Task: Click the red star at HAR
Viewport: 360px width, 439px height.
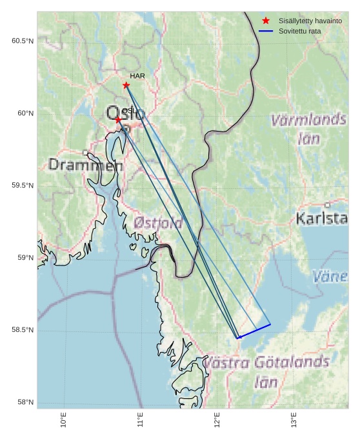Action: coord(126,85)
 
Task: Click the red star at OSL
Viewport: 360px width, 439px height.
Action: coord(118,119)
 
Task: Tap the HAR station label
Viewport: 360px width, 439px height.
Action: coord(137,76)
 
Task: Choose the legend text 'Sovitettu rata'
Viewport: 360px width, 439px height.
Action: coord(299,31)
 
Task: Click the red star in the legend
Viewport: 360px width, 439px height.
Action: coord(266,21)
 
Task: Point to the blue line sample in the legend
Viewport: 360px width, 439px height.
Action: coord(266,31)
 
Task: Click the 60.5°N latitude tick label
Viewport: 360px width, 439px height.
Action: coord(23,41)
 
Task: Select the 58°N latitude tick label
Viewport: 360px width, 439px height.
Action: coord(25,403)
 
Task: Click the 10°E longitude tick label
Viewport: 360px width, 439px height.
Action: coord(63,420)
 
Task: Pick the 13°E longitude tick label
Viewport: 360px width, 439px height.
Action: coord(294,420)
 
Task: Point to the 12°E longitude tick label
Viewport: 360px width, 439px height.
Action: coord(217,420)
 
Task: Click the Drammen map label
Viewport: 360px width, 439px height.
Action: coord(86,165)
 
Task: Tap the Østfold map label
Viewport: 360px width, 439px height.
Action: coord(158,224)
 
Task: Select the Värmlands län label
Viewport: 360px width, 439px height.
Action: coord(309,128)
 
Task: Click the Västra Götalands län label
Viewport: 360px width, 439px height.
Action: coord(266,371)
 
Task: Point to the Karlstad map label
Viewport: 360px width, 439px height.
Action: coord(322,219)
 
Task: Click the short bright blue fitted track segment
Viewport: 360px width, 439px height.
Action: coord(254,331)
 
